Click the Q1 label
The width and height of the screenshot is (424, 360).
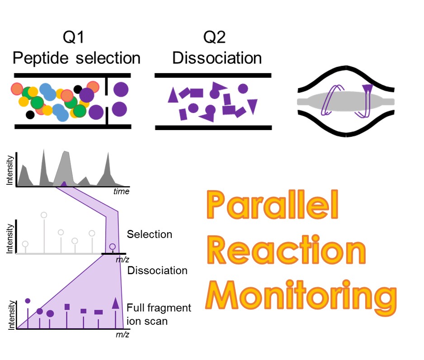pos(74,37)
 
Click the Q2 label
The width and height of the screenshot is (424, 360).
pos(214,37)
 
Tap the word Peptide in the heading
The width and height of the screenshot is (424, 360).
pos(41,58)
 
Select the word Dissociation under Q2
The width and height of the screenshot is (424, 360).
pos(217,58)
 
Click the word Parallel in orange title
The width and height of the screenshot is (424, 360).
pos(273,205)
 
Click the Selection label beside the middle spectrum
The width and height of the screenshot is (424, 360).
pos(150,234)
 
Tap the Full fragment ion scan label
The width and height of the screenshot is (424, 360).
pos(159,314)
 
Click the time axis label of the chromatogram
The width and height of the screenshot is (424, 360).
pos(121,192)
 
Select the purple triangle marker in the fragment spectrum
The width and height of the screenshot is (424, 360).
pos(115,303)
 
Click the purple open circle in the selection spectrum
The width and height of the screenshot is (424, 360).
pos(113,247)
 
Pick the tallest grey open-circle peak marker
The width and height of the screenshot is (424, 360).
pos(44,215)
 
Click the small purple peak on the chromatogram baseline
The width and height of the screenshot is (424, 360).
pos(64,184)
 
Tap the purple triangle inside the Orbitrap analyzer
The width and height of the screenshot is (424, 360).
pos(367,89)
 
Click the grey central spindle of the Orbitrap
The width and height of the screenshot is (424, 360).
pos(346,102)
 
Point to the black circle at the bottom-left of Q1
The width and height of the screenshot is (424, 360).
pos(30,115)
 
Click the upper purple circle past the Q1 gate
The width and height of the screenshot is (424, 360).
pos(121,89)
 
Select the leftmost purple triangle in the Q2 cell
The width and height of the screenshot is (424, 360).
pos(173,95)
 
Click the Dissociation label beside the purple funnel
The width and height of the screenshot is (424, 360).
pos(157,271)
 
